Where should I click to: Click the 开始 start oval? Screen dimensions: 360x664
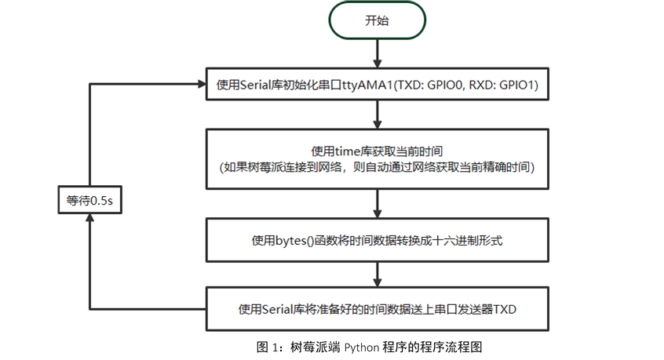click(377, 21)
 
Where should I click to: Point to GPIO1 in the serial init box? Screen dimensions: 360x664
click(520, 85)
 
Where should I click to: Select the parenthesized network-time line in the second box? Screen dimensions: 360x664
click(377, 167)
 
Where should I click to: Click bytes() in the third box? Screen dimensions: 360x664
click(293, 241)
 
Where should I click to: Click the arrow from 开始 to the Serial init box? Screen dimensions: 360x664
click(378, 53)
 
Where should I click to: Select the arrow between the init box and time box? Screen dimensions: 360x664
click(378, 115)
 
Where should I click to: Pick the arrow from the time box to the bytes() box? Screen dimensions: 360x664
click(378, 204)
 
